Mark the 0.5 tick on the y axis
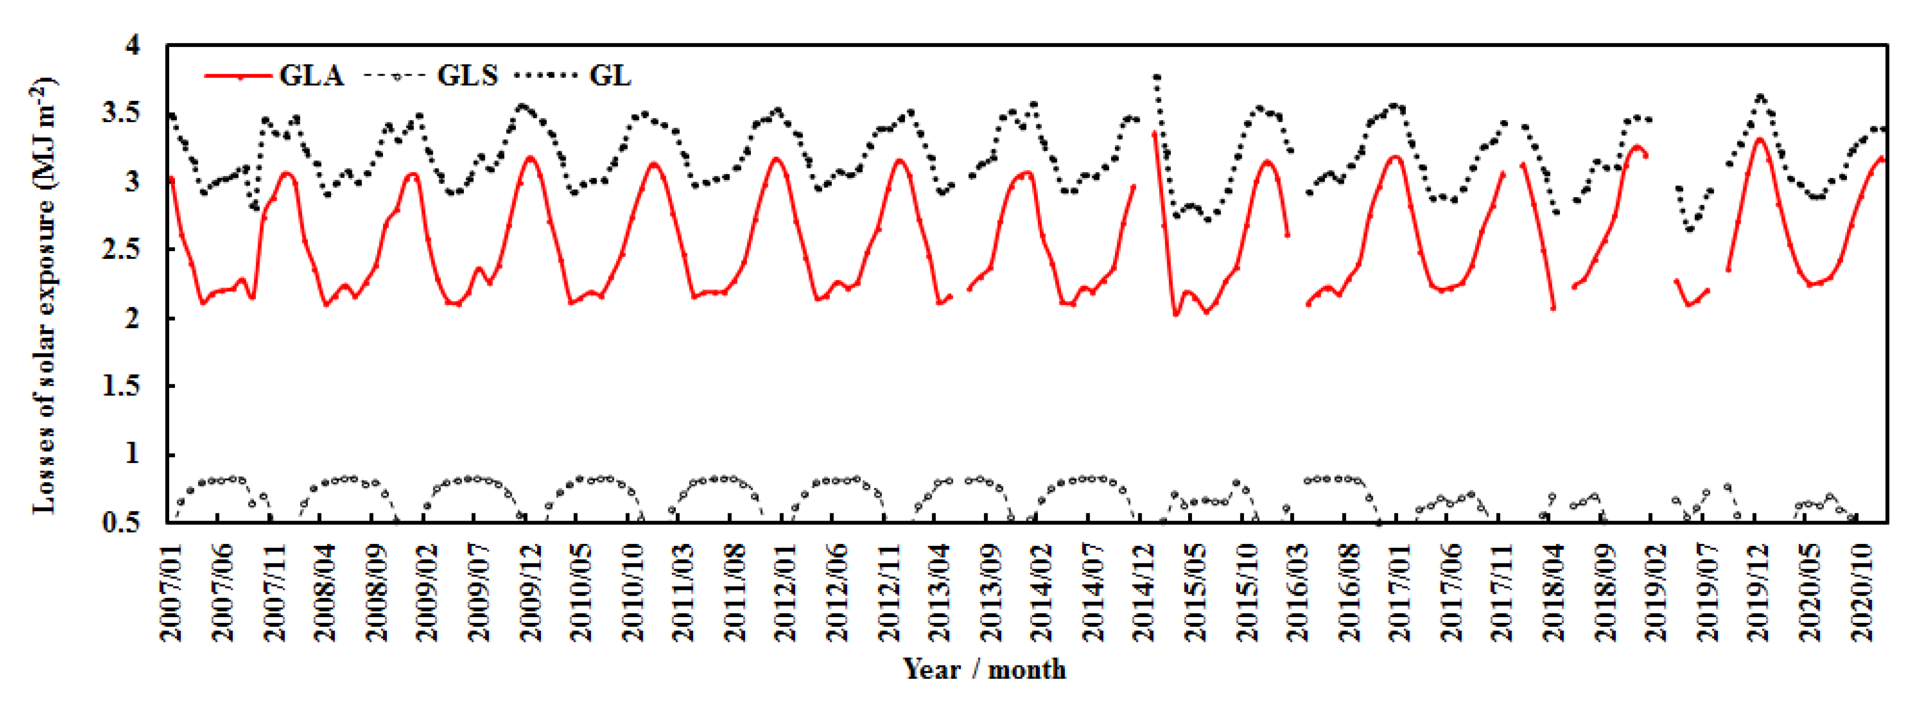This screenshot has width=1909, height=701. (x=122, y=523)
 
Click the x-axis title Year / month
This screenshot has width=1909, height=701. (x=984, y=669)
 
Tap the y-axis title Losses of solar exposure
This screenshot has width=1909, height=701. (x=43, y=296)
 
